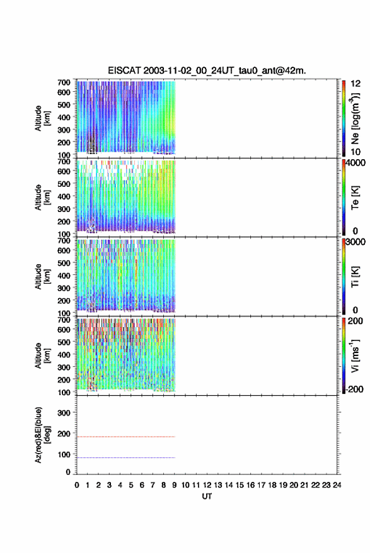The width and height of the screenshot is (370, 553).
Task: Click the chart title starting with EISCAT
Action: point(207,70)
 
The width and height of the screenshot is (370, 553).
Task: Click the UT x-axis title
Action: point(207,496)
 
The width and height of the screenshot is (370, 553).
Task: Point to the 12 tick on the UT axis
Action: point(207,485)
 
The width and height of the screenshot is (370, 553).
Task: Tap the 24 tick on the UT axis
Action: point(337,485)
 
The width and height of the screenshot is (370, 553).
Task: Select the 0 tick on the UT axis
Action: point(77,485)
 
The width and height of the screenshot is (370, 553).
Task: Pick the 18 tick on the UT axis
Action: point(272,485)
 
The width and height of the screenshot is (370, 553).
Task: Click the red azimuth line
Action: point(126,437)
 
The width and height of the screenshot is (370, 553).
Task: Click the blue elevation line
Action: point(126,457)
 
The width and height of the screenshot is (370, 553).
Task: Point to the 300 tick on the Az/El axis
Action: point(64,413)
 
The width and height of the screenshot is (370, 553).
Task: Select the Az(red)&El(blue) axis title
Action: point(42,435)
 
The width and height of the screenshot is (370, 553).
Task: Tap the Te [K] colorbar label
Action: point(355,198)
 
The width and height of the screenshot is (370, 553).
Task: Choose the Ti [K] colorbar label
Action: point(355,277)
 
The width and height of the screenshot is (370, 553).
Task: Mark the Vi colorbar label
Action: point(355,355)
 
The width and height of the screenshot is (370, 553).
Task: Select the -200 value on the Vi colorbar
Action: point(354,389)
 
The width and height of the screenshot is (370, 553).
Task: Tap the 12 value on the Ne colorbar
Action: point(356,84)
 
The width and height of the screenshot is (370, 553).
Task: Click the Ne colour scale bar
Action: point(344,118)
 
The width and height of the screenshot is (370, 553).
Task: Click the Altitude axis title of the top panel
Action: point(42,118)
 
